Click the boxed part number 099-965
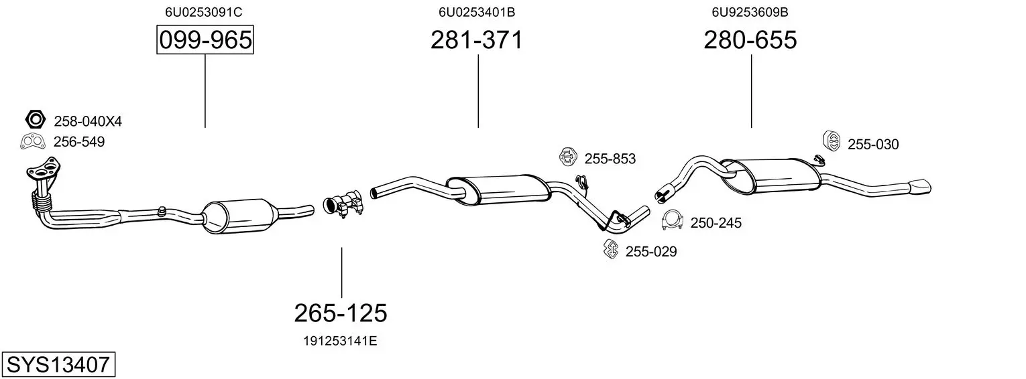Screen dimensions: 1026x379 pos(205,40)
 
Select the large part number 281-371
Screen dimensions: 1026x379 pos(476,40)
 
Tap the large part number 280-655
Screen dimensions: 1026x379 pos(750,40)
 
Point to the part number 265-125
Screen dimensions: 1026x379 pos(341,313)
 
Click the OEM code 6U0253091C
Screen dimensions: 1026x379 pos(203,12)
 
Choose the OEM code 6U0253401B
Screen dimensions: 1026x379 pos(477,12)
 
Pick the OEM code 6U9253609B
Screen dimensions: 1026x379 pos(750,12)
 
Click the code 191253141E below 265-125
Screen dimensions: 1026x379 pos(340,341)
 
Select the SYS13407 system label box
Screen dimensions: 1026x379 pos(58,365)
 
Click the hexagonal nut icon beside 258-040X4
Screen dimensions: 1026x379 pos(36,119)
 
